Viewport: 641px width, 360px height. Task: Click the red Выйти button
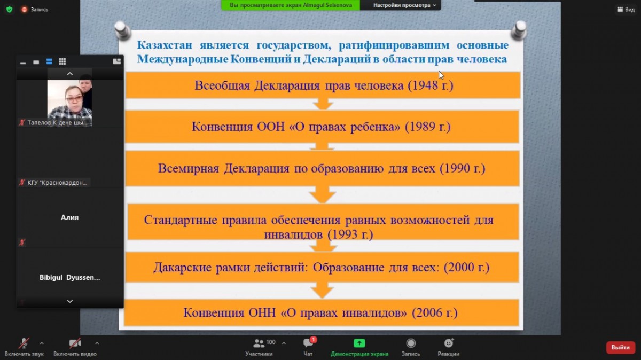click(x=620, y=347)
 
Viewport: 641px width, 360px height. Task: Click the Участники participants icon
click(x=259, y=343)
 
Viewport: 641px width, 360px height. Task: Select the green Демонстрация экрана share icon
click(x=359, y=343)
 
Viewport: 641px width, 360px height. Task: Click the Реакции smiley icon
click(x=448, y=342)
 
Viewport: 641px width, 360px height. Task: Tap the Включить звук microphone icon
click(x=24, y=343)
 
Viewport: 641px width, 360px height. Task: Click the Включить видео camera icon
click(x=75, y=343)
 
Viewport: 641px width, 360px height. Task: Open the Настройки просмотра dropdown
click(x=404, y=5)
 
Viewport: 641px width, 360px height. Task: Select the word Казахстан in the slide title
click(x=165, y=45)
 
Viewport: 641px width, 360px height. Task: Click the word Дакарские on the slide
click(x=182, y=268)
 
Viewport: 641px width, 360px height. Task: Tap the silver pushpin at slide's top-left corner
click(x=122, y=29)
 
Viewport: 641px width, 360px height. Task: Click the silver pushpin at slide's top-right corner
click(x=519, y=29)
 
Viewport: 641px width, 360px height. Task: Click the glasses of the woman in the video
click(x=74, y=99)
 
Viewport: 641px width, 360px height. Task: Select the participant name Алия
click(x=69, y=217)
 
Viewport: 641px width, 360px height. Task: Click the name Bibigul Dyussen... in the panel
click(x=69, y=277)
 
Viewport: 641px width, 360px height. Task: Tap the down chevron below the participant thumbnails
click(x=69, y=301)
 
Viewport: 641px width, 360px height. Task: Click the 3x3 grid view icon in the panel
click(x=62, y=61)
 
